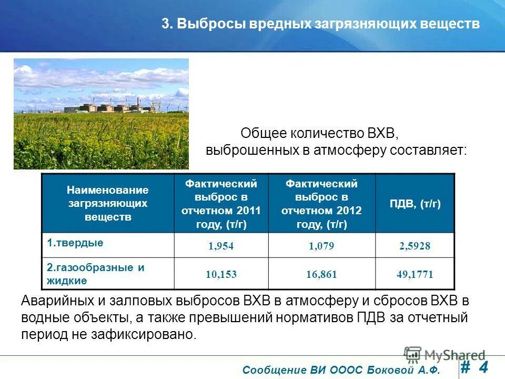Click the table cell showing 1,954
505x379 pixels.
[x=220, y=246]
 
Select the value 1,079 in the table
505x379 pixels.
[x=321, y=246]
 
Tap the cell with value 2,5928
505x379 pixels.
[x=414, y=246]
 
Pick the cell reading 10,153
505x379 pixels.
[x=220, y=274]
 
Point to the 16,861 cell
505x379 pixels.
[x=321, y=274]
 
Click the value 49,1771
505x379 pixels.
[x=415, y=274]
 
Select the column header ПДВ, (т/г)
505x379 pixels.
[x=415, y=204]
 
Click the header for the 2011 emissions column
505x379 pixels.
[x=221, y=204]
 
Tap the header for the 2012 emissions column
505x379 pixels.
[x=321, y=204]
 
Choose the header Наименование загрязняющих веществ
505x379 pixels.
[x=107, y=203]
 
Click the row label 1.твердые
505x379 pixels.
[x=75, y=243]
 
